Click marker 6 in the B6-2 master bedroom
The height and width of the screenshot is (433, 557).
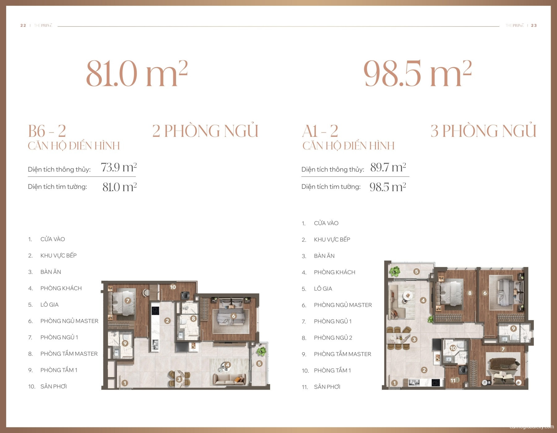tap(234, 316)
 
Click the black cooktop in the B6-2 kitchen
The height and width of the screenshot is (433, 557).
tap(155, 310)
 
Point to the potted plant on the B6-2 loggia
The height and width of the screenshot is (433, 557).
tap(261, 351)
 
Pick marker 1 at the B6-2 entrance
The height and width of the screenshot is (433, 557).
tap(125, 383)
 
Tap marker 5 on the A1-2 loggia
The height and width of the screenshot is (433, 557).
tap(417, 271)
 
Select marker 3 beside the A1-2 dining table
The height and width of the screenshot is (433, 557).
tap(414, 339)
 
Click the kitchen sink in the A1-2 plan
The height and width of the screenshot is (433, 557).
tap(414, 383)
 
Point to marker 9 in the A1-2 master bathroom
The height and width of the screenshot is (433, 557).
tap(513, 328)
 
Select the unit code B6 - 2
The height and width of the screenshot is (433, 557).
tap(47, 131)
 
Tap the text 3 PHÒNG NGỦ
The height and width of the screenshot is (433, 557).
tap(483, 131)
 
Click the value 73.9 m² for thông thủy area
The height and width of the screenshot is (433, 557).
tap(119, 167)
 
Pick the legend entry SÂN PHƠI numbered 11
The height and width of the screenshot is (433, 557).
tap(327, 387)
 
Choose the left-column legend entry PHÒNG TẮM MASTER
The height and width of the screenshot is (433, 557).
tap(69, 353)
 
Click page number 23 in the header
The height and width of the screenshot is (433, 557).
tap(534, 25)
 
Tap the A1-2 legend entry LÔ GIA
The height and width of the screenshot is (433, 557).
tap(323, 288)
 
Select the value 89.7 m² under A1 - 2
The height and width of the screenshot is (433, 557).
tap(388, 167)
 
